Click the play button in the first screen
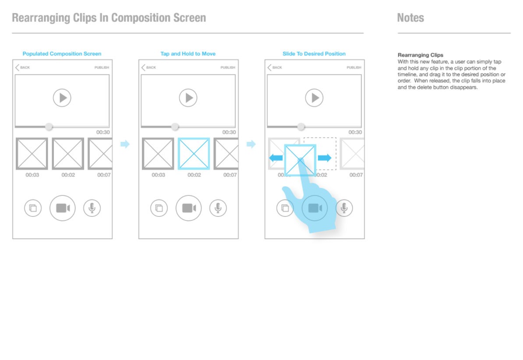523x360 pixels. click(x=62, y=98)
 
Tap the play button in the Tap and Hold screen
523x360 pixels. click(x=188, y=98)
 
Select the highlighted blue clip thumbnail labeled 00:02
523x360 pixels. click(x=194, y=153)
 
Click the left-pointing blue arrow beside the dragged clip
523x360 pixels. click(x=276, y=158)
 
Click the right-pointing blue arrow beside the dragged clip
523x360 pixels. click(x=325, y=158)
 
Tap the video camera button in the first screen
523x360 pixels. click(x=62, y=208)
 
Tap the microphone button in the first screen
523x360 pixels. click(x=92, y=208)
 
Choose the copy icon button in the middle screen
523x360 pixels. click(x=159, y=208)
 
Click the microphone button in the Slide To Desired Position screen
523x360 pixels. click(x=344, y=208)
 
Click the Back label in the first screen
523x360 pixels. click(x=25, y=67)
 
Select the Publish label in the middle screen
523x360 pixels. click(x=228, y=67)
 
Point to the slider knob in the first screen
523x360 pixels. click(x=49, y=127)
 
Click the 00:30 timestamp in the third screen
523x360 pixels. click(x=355, y=132)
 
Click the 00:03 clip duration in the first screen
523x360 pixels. click(x=32, y=175)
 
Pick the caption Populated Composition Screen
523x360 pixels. click(x=62, y=54)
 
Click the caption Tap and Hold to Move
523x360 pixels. click(x=188, y=54)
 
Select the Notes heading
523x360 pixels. click(x=410, y=18)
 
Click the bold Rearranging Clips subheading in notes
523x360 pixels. click(x=420, y=55)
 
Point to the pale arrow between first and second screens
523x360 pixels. click(x=125, y=144)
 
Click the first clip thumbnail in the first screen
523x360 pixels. click(x=32, y=153)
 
